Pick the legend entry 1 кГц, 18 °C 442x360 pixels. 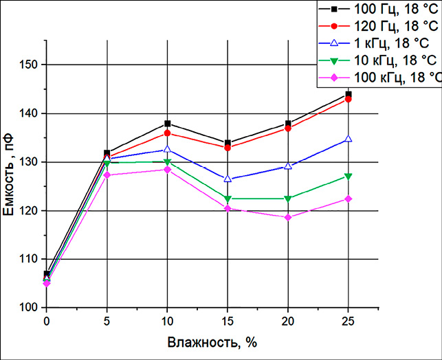tap(392, 43)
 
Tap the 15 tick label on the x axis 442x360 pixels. tap(228, 321)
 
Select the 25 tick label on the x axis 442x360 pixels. tap(348, 321)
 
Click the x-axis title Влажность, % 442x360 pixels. tap(206, 341)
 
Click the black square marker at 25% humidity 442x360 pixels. tap(349, 94)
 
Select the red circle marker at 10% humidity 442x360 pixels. tap(168, 133)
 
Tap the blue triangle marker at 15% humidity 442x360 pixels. tap(228, 179)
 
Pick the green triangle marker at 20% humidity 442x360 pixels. tap(288, 199)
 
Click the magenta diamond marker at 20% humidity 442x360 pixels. tap(288, 217)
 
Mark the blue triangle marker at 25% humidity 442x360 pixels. tap(349, 139)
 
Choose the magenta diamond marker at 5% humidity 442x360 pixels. tap(107, 175)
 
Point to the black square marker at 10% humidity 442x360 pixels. tap(168, 124)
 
